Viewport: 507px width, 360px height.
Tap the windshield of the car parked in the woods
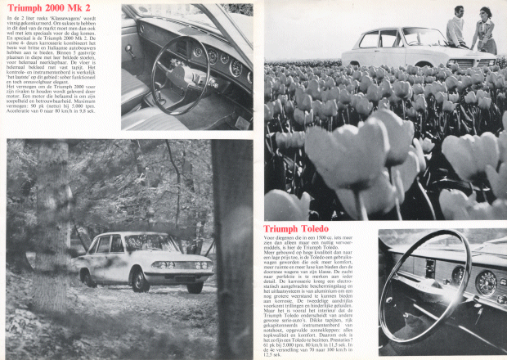point(153,243)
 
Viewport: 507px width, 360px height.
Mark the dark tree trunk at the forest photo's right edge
point(234,245)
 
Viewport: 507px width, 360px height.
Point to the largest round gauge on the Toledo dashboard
point(487,284)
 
